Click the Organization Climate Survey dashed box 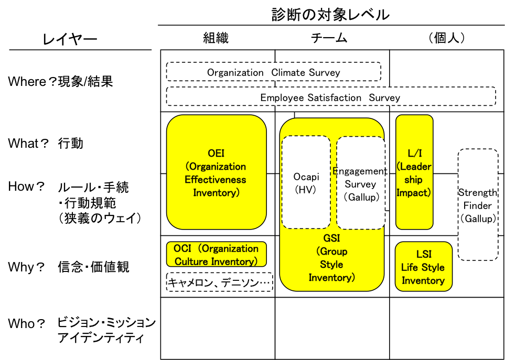[273, 72]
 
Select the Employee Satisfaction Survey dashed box [330, 97]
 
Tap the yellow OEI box [216, 172]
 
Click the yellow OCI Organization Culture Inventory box [216, 255]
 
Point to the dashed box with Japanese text [219, 282]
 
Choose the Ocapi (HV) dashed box [306, 182]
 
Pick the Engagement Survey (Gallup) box [361, 183]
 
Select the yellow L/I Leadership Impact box [414, 172]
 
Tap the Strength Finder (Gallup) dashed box [477, 205]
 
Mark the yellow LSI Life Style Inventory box [423, 267]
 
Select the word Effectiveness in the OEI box [216, 180]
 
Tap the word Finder [477, 205]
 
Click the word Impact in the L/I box [413, 193]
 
